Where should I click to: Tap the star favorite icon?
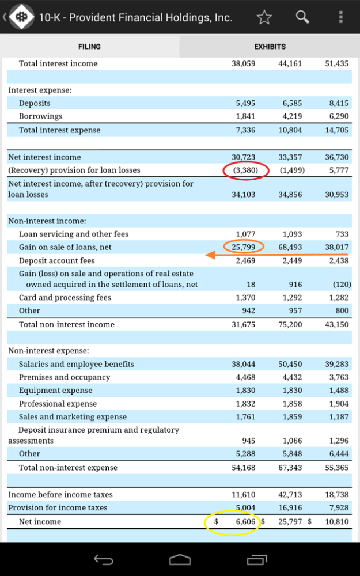tap(264, 17)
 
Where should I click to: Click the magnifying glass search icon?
tap(302, 17)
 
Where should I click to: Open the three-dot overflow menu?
tap(341, 17)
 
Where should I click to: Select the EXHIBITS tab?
tap(270, 47)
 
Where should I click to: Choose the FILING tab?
tap(89, 47)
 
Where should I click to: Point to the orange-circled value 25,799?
tap(244, 247)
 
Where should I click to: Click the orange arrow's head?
tap(210, 255)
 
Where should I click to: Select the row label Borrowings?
tap(40, 116)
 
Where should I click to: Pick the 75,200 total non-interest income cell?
tap(290, 324)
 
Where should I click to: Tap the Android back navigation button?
tap(103, 559)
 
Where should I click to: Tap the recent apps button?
tap(257, 559)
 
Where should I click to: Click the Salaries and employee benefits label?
tap(77, 364)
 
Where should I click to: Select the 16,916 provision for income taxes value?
tap(290, 507)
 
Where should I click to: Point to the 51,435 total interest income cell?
tap(337, 63)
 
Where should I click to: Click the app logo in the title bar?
tap(21, 17)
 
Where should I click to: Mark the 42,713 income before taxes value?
tap(290, 494)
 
